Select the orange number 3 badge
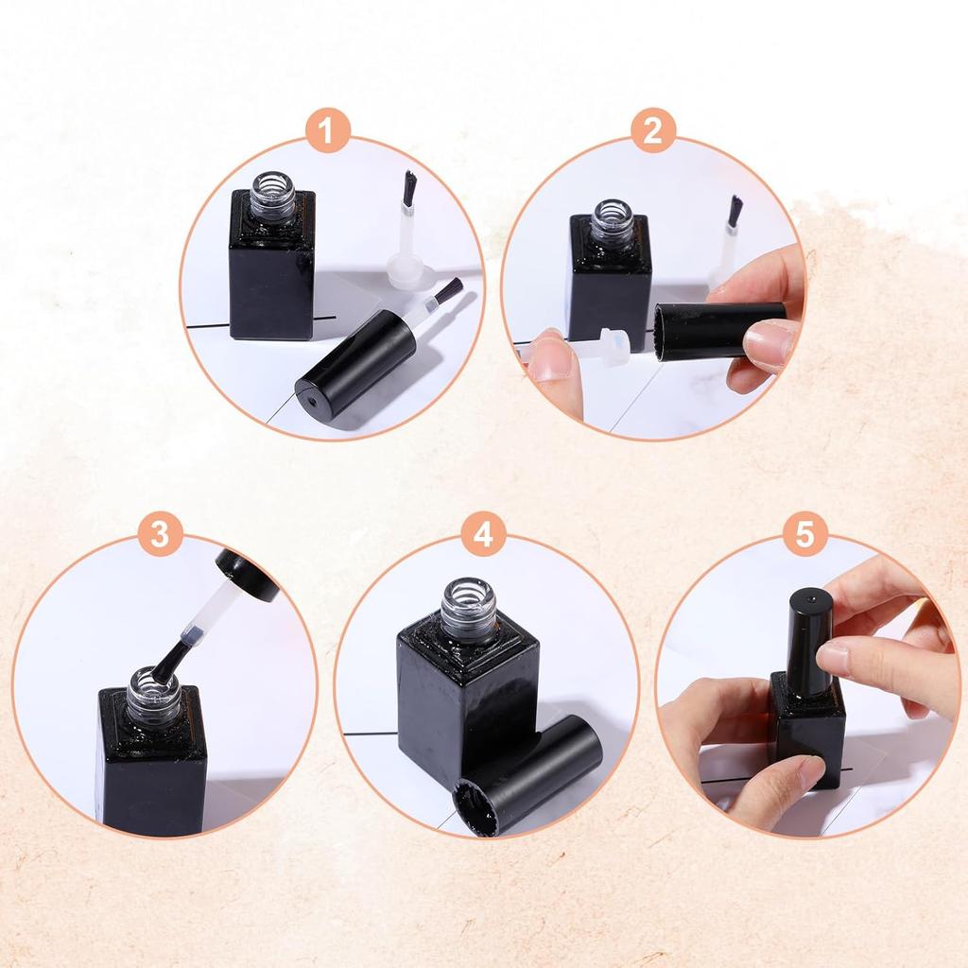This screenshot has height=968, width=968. click(159, 534)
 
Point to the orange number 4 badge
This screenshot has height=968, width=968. click(483, 534)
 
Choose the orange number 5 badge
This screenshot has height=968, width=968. click(804, 534)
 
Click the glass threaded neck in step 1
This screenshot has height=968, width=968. click(272, 195)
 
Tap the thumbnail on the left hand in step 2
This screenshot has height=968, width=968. click(549, 365)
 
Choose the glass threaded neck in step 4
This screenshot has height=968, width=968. click(469, 610)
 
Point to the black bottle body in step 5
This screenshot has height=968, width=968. click(807, 737)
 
